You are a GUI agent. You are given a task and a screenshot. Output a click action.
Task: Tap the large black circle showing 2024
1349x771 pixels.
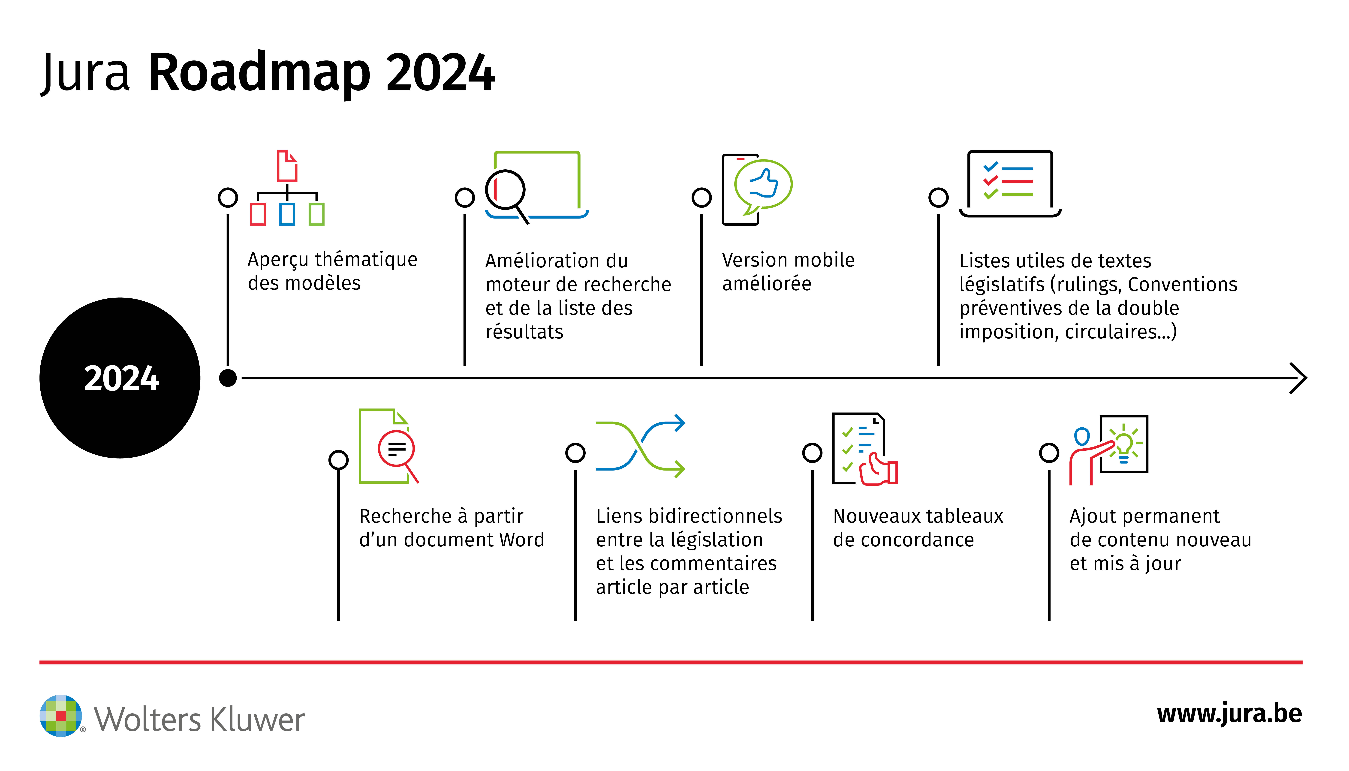pyautogui.click(x=120, y=378)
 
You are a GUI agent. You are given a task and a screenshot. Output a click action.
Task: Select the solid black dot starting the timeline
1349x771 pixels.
pyautogui.click(x=228, y=378)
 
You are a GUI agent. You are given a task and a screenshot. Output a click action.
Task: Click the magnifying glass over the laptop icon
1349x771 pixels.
pyautogui.click(x=506, y=191)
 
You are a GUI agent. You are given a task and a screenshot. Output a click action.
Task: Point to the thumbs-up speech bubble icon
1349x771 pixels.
pyautogui.click(x=763, y=185)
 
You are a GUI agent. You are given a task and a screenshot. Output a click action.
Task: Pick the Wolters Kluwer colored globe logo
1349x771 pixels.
pyautogui.click(x=61, y=716)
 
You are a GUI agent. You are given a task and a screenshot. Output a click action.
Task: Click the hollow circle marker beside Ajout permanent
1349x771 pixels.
pyautogui.click(x=1049, y=453)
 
